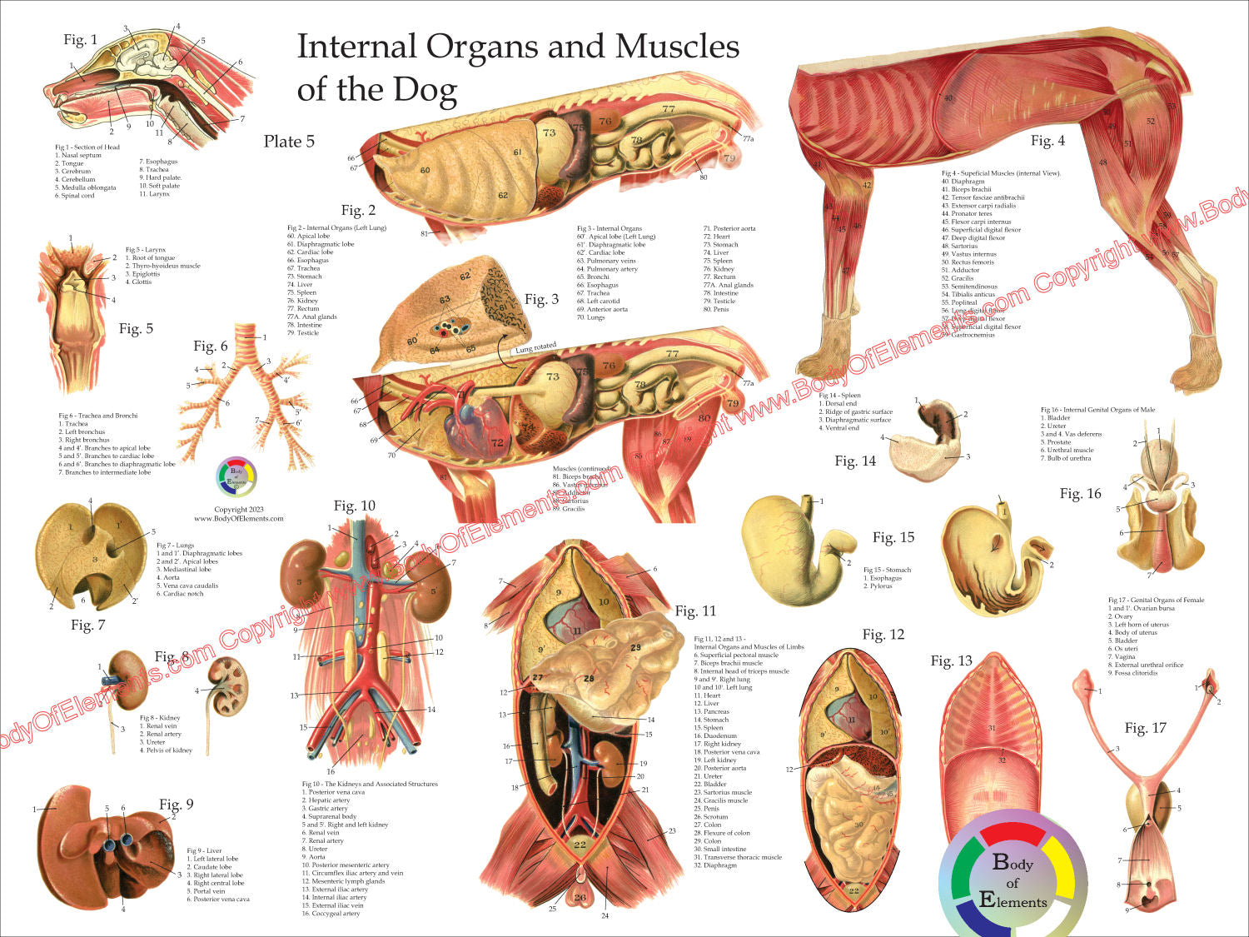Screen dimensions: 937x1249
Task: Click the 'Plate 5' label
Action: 289,142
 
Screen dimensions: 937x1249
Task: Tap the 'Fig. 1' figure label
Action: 81,40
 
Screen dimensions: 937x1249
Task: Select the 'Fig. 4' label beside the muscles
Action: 1047,141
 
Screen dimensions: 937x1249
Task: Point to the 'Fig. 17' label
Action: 1146,728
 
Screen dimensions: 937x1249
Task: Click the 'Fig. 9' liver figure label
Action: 176,804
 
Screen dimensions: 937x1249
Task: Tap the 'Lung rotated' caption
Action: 535,348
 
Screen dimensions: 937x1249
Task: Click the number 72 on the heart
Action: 497,442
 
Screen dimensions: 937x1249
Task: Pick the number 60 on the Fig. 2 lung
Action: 425,171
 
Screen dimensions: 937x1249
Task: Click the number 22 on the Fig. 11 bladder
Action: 580,845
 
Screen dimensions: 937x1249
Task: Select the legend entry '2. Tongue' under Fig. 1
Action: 69,163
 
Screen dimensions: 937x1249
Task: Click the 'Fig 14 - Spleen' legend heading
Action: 839,396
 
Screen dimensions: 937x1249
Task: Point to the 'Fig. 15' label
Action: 893,537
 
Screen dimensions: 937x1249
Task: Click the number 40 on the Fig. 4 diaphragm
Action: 948,98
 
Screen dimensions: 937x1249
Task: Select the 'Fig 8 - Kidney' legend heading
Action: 160,718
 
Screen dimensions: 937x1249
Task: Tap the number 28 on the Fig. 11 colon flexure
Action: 589,680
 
